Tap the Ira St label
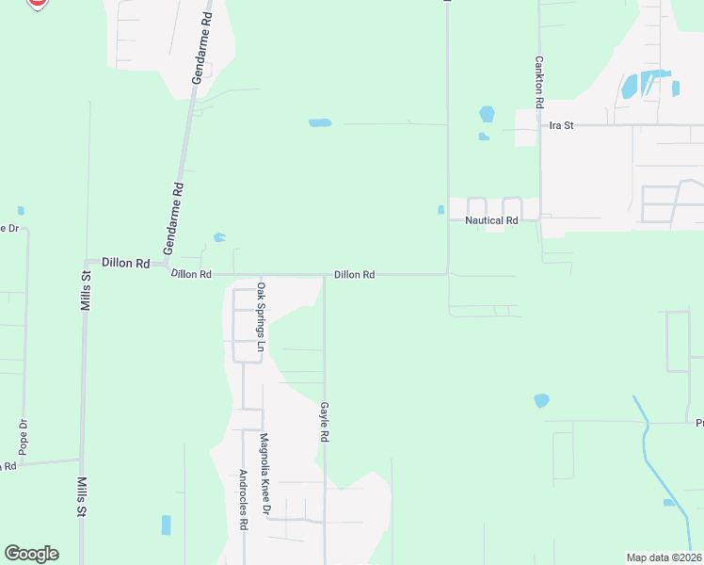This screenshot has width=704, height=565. pyautogui.click(x=562, y=125)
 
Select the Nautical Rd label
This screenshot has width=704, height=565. pyautogui.click(x=492, y=220)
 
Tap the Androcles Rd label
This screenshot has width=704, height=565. pyautogui.click(x=243, y=500)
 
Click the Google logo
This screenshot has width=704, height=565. pyautogui.click(x=31, y=554)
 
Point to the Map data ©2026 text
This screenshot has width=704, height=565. pyautogui.click(x=664, y=557)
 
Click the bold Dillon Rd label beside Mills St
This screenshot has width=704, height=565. pyautogui.click(x=126, y=264)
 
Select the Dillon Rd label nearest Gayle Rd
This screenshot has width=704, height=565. pyautogui.click(x=355, y=275)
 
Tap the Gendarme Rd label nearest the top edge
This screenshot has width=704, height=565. pyautogui.click(x=201, y=51)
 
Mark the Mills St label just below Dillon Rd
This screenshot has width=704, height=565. pyautogui.click(x=85, y=291)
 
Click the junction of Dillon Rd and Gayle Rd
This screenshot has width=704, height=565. pyautogui.click(x=325, y=276)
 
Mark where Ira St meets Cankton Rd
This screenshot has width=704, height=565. pyautogui.click(x=540, y=124)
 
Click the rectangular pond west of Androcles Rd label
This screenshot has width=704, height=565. pyautogui.click(x=167, y=525)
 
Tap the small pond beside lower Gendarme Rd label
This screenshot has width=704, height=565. pyautogui.click(x=219, y=237)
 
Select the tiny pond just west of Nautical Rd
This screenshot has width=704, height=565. pyautogui.click(x=440, y=210)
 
